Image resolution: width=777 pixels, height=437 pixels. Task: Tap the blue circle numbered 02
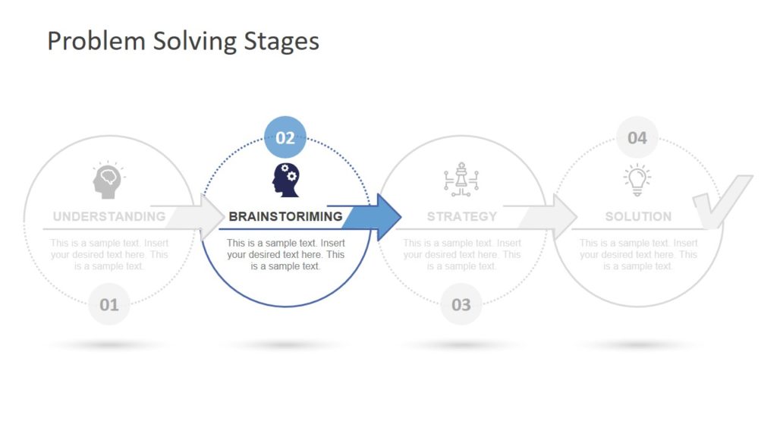285,138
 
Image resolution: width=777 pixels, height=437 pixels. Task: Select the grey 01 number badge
109,305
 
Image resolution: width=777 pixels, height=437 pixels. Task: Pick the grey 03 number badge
461,305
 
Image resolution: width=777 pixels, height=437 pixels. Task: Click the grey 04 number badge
637,138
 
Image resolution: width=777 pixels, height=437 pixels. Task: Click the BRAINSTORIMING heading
285,216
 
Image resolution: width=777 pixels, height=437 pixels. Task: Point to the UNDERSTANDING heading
109,216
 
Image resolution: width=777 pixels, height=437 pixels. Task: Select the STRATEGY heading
461,216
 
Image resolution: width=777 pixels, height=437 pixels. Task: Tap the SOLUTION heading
638,216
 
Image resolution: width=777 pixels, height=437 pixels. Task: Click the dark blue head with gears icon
285,180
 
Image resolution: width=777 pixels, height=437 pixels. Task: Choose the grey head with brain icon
108,181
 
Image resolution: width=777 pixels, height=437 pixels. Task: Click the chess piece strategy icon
461,180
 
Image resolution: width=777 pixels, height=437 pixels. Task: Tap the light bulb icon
637,180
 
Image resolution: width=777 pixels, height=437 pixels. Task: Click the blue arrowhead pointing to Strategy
386,217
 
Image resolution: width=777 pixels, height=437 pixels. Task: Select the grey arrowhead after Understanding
212,217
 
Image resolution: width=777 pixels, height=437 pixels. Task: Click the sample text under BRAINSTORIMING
285,255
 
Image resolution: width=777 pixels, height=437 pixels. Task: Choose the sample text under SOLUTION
638,255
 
